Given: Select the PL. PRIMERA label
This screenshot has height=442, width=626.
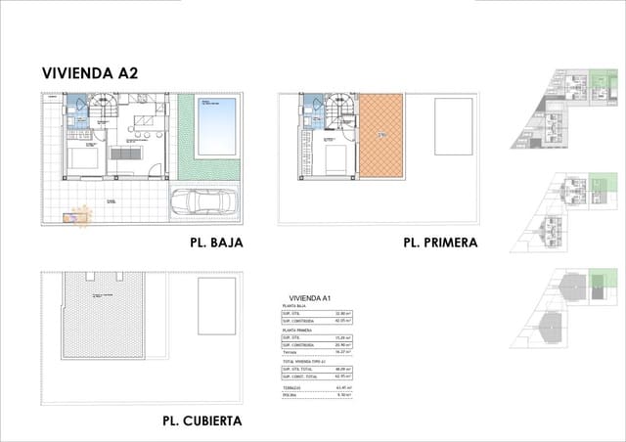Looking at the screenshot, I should [440, 242].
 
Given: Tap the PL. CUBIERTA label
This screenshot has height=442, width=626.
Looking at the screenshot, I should [202, 421].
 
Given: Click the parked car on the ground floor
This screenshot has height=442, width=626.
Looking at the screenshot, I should [202, 203].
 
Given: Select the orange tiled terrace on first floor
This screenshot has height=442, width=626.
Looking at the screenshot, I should [382, 134].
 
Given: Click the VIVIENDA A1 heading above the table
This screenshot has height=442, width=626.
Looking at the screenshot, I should [311, 297].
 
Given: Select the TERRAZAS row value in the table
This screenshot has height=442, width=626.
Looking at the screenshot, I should [343, 388].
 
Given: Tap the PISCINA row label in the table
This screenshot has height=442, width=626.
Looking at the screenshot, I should [290, 396].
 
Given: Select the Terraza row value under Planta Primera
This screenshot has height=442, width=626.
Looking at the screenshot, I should [343, 353].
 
